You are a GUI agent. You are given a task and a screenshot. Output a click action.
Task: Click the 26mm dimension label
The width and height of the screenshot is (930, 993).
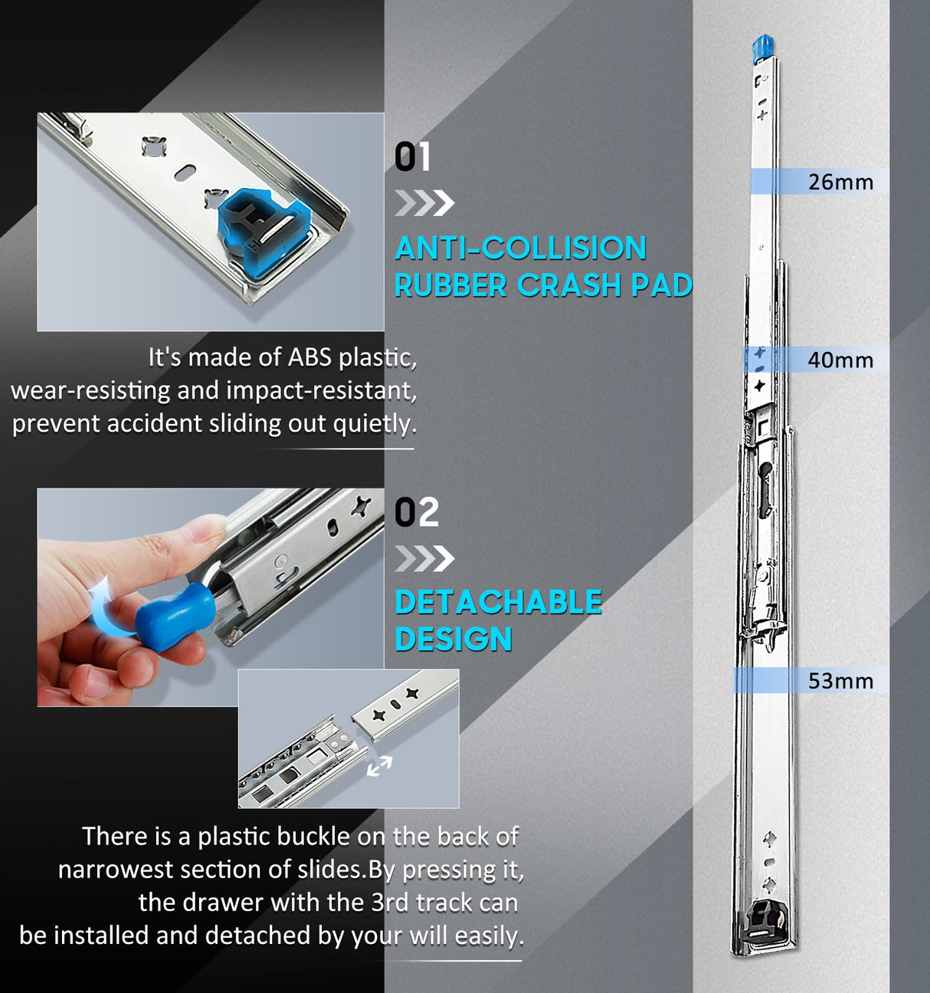(x=840, y=182)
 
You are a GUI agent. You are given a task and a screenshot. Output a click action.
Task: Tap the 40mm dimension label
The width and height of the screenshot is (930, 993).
(x=840, y=360)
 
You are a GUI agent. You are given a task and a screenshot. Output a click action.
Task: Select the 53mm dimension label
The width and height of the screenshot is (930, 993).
(x=840, y=681)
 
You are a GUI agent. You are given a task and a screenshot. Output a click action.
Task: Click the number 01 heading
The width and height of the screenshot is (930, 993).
(x=412, y=157)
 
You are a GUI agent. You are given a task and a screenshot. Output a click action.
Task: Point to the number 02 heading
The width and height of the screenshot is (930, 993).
(x=417, y=512)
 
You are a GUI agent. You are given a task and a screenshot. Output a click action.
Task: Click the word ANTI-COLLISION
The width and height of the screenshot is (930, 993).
(x=521, y=248)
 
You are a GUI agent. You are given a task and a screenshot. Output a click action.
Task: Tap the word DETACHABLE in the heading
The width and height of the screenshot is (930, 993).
(x=499, y=603)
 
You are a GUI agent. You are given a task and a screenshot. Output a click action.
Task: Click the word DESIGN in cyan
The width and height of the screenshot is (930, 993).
(x=454, y=640)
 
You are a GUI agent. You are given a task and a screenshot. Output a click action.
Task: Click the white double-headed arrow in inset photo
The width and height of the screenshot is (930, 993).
(x=378, y=765)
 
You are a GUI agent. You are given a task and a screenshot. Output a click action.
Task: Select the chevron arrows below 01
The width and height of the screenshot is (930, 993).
(x=424, y=203)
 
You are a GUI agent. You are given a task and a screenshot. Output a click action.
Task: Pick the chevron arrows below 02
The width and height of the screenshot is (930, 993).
(x=424, y=558)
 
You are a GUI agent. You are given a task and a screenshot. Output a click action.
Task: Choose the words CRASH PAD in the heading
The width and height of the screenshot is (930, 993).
(x=604, y=285)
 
